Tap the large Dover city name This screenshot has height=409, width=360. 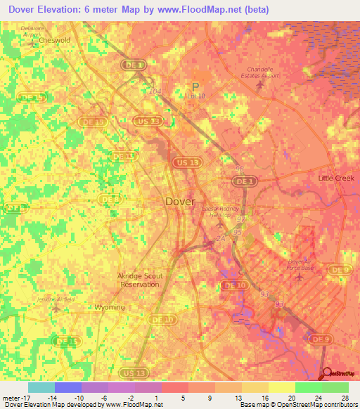(x=180, y=201)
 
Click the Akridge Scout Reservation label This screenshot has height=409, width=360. (x=139, y=280)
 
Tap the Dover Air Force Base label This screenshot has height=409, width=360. (x=303, y=264)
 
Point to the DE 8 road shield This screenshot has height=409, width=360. (x=110, y=199)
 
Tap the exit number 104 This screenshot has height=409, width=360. (x=155, y=91)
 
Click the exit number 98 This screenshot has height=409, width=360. (x=240, y=170)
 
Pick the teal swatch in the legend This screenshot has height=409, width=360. (x=41, y=387)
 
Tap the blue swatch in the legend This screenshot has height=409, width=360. (x=67, y=387)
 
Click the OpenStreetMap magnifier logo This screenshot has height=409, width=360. (x=327, y=372)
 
